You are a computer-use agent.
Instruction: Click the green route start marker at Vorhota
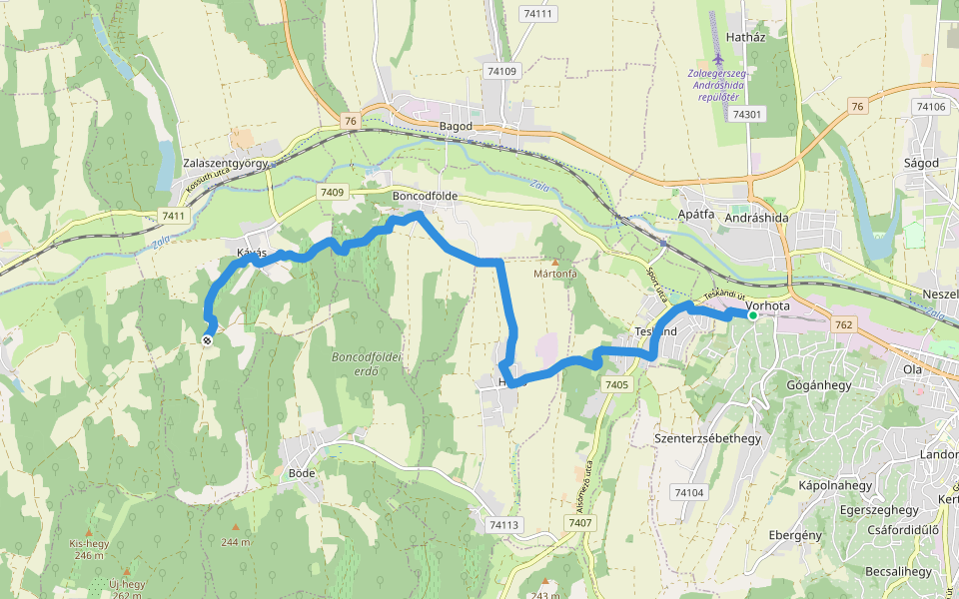(752, 315)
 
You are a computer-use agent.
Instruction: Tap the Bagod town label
(456, 126)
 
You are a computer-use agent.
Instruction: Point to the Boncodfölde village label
(426, 197)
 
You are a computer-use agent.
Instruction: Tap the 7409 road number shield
(333, 192)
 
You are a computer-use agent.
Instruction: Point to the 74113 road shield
(505, 525)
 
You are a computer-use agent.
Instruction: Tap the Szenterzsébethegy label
(707, 438)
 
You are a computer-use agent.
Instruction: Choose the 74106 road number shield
(929, 107)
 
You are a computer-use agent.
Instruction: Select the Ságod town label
(920, 163)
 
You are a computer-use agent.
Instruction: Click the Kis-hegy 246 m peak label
(88, 549)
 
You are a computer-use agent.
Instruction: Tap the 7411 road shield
(173, 216)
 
